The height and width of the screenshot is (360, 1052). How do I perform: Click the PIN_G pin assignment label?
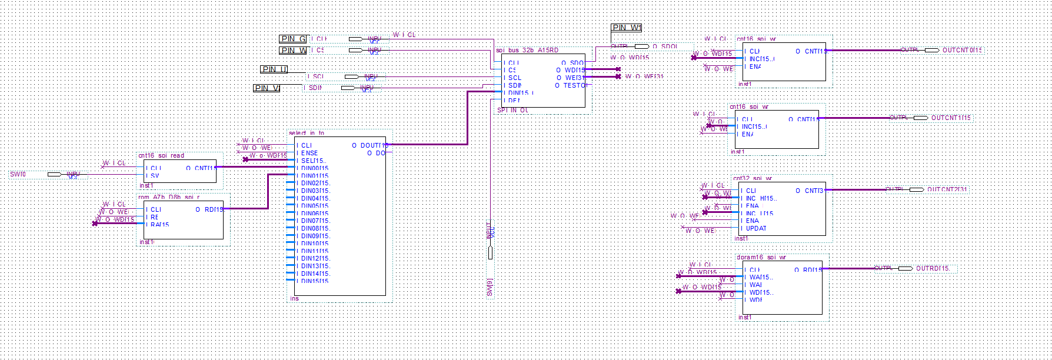pos(292,39)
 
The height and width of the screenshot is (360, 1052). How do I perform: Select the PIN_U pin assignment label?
pos(274,69)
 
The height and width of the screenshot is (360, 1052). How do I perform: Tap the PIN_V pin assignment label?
pos(267,88)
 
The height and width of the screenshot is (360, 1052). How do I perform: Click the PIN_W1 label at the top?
pos(627,28)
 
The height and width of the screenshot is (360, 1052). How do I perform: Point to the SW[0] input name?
pos(18,174)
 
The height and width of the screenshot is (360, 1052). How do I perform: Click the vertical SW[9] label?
pos(490,287)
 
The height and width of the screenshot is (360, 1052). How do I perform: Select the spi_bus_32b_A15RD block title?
pos(527,51)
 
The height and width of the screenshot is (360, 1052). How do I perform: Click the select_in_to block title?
pos(307,134)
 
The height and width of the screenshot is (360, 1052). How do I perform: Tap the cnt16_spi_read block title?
pos(161,156)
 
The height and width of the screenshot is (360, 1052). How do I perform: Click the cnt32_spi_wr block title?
pos(753,178)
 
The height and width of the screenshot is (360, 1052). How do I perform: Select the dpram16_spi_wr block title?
pos(761,258)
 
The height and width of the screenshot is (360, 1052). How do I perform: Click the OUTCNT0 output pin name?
pos(962,51)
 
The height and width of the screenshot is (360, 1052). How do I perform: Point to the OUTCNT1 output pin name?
pos(951,118)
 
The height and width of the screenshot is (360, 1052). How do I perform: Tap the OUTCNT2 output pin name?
pos(947,189)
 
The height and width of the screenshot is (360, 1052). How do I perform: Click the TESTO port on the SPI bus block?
pos(574,85)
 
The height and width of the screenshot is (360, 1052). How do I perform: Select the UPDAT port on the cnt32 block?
pos(755,228)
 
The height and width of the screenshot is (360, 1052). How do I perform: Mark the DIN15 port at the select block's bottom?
pos(314,281)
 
